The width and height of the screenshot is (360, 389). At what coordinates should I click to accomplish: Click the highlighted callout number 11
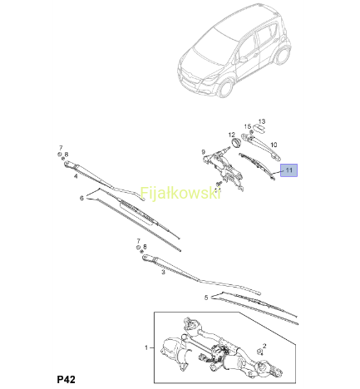(288, 170)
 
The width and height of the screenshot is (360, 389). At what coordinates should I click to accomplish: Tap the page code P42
(66, 379)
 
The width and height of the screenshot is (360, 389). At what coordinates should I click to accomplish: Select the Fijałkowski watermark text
(180, 193)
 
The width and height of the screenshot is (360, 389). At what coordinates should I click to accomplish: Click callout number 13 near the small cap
(262, 121)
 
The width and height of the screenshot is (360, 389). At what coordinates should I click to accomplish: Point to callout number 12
(232, 135)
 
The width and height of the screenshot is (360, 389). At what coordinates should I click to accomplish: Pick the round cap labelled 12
(236, 143)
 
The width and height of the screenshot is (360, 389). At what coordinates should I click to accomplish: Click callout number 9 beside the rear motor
(204, 152)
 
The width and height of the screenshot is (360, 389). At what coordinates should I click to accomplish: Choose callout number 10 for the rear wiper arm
(274, 145)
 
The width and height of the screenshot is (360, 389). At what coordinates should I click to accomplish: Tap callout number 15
(248, 126)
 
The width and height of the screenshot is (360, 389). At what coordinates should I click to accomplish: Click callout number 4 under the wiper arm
(76, 176)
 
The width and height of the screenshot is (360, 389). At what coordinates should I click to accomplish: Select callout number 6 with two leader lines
(81, 198)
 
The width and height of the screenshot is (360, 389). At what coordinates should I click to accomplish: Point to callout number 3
(163, 272)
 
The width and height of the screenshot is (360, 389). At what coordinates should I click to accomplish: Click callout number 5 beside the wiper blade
(206, 298)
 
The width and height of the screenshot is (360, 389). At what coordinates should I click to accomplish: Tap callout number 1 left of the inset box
(146, 347)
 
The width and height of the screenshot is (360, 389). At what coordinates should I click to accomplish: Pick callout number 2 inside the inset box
(264, 346)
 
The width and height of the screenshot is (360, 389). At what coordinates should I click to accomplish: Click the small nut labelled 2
(260, 352)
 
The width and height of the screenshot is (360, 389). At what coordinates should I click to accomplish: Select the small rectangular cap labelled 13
(259, 128)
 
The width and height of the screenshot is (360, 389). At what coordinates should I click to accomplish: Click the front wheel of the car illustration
(225, 88)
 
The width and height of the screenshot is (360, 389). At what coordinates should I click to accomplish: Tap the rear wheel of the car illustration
(283, 55)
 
